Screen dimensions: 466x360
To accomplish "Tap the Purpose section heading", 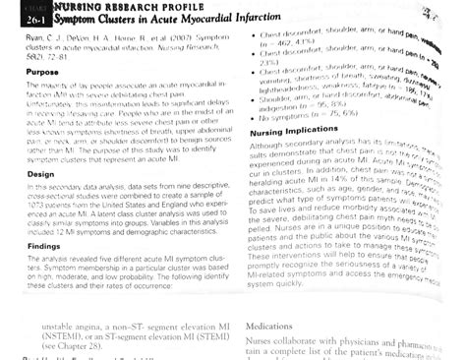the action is pos(36,72).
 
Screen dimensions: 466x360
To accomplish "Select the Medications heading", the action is pos(272,322).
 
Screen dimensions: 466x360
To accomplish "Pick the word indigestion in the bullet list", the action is pos(276,106).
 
